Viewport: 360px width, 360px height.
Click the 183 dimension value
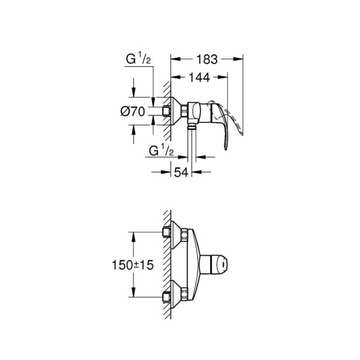(x=208, y=59)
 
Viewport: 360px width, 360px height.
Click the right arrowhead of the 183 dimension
(x=239, y=59)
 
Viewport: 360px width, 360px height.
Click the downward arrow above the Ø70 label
(x=134, y=94)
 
